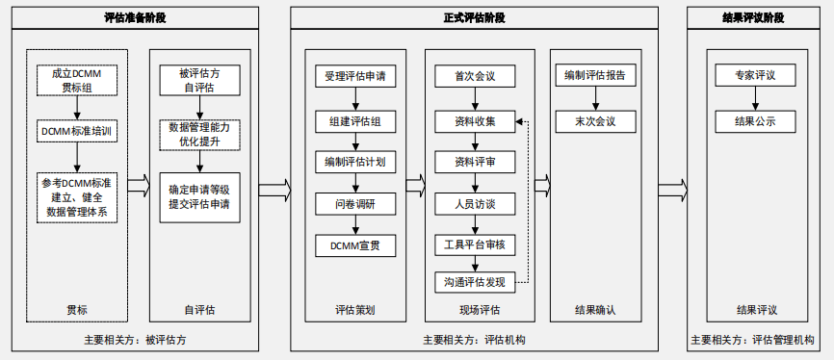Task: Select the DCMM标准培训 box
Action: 78,130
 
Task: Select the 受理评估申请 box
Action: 355,76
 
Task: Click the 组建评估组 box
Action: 355,121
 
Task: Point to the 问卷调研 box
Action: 355,203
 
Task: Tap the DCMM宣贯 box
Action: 355,245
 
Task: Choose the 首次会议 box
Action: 475,76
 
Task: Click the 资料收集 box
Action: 475,121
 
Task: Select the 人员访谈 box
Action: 475,203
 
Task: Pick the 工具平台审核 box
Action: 475,245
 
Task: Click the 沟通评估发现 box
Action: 475,282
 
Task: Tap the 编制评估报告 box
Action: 594,76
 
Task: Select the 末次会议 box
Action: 594,121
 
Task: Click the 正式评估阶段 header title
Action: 474,17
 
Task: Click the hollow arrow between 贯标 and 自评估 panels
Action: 139,183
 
